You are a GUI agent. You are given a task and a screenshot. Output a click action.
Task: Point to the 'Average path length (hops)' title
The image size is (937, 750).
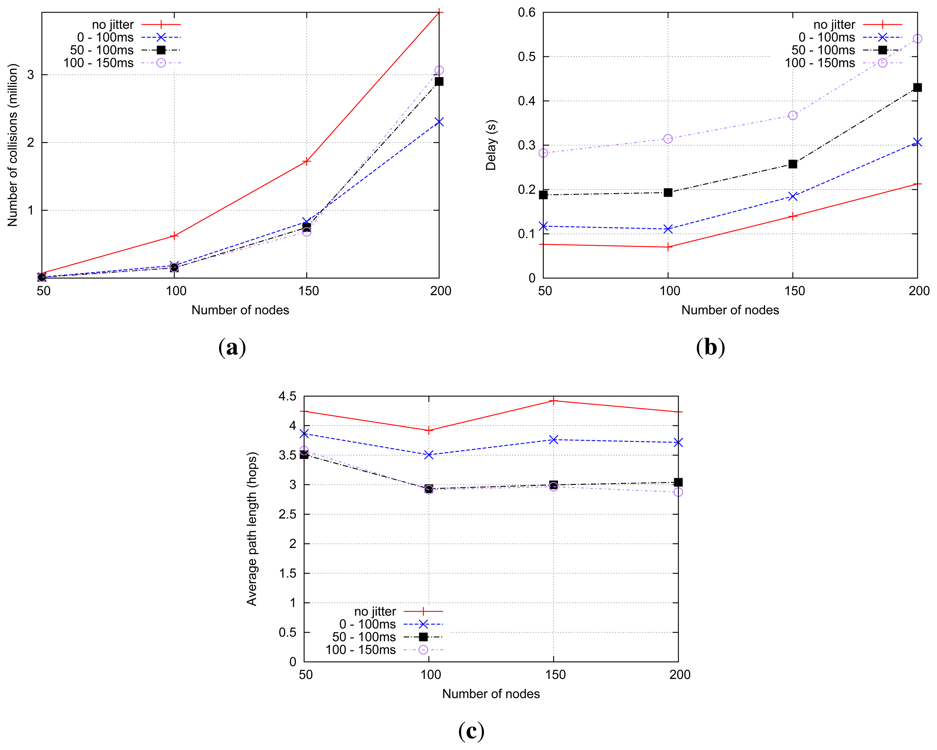[x=252, y=529]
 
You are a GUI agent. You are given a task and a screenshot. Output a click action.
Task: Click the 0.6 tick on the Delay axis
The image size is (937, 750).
[x=526, y=12]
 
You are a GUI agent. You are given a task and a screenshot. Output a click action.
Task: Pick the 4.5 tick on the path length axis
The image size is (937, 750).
[x=287, y=396]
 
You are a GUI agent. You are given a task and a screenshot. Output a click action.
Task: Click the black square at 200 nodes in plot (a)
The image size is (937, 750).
[x=439, y=81]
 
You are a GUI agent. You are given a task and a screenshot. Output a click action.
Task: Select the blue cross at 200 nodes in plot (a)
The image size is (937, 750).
[x=439, y=122]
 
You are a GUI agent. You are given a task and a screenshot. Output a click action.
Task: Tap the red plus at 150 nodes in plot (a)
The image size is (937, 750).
[x=307, y=161]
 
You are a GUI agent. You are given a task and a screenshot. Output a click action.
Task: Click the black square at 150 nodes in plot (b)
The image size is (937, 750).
[x=793, y=164]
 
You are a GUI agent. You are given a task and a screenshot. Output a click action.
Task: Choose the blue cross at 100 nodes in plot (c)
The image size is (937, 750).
[x=429, y=455]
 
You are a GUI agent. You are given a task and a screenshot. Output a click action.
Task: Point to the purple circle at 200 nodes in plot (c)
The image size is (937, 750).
[x=678, y=492]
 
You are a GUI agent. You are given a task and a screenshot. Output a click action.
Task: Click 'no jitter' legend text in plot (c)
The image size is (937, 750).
[x=375, y=611]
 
